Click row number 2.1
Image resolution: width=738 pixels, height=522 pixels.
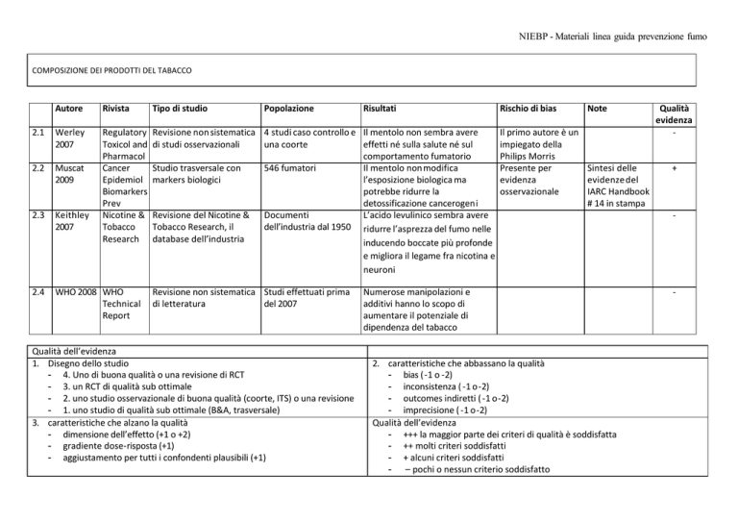[35, 131]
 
